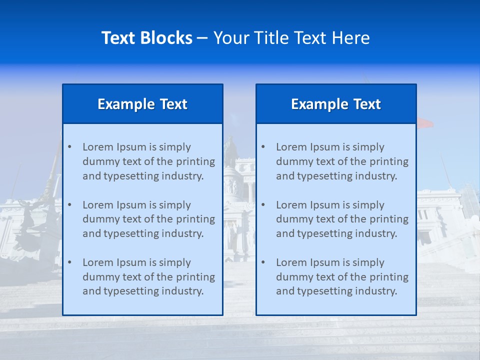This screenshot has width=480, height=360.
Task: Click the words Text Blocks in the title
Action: coord(146,38)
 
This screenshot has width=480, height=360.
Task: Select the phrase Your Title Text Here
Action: coord(291,38)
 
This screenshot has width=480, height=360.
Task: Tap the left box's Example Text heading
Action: coord(142,104)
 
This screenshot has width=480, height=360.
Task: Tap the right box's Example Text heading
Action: coord(336,104)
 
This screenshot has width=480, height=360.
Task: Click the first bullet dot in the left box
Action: coord(70,147)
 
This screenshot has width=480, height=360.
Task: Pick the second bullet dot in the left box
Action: coord(70,205)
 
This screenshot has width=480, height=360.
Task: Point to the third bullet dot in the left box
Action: coord(70,262)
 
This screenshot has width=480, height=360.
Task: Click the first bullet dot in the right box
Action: coord(263,147)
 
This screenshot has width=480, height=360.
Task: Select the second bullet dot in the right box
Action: coord(263,205)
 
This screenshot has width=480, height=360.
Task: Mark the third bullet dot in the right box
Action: coord(263,262)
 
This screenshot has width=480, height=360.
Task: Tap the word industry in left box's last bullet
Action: coord(184,291)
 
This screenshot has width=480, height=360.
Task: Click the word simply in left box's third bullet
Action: coord(175,262)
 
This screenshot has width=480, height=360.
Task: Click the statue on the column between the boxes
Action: coord(230,150)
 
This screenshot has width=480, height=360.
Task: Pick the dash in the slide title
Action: coord(202,38)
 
